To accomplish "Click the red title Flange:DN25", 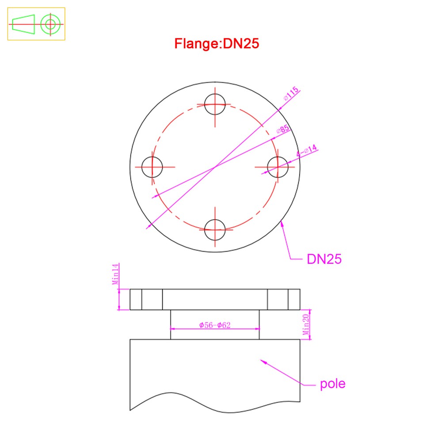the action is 217,44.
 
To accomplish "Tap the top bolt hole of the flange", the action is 215,105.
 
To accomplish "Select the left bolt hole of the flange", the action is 152,167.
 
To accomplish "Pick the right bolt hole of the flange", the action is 278,167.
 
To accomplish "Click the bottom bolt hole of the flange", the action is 215,230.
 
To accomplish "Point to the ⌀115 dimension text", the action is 291,94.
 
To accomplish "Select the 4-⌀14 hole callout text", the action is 307,151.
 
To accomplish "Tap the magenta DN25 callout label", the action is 324,259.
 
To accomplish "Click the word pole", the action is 333,384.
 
